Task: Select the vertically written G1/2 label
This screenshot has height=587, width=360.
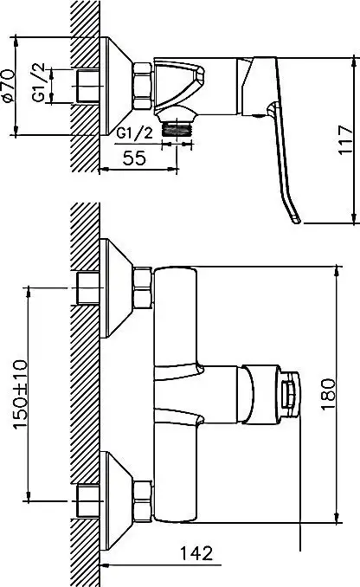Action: (39, 82)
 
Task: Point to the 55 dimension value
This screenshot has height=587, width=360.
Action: (134, 158)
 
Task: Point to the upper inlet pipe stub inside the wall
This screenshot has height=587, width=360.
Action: (88, 288)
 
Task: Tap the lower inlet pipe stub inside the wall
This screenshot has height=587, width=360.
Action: (88, 500)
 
